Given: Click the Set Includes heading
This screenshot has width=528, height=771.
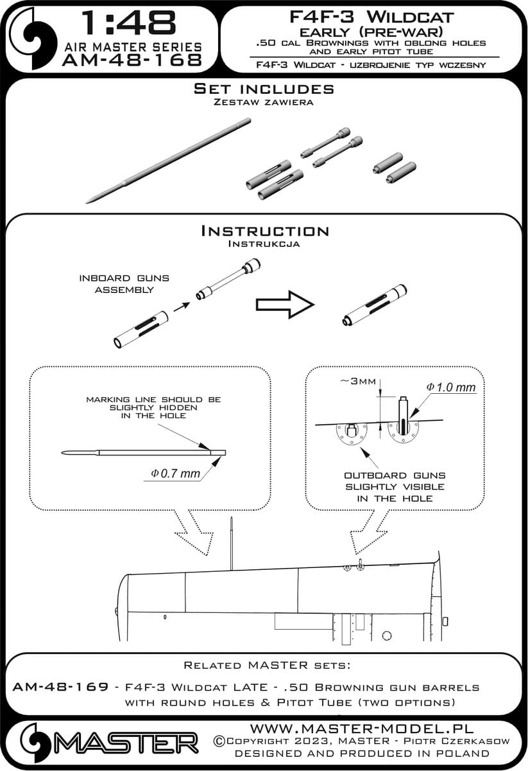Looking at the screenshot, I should click(264, 89).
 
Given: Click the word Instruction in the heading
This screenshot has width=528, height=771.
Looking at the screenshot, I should click(265, 231).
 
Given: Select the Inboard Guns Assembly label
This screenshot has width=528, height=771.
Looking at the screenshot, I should click(124, 283).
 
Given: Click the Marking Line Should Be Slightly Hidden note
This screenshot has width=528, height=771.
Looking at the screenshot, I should click(153, 408).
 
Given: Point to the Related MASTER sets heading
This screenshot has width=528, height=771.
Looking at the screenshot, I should click(264, 664).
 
